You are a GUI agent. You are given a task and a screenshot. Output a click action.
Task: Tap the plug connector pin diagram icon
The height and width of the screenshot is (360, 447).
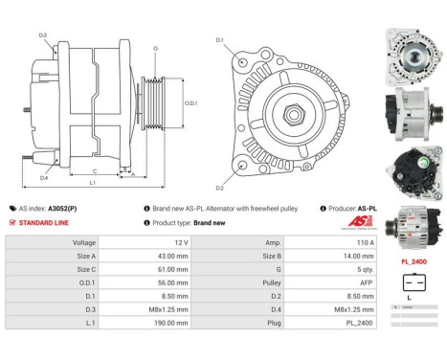coord(413,282)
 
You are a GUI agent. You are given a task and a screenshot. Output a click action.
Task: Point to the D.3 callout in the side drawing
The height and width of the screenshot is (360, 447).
coord(43,35)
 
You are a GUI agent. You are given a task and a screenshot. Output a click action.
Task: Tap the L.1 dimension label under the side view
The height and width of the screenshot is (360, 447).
coord(92,183)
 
